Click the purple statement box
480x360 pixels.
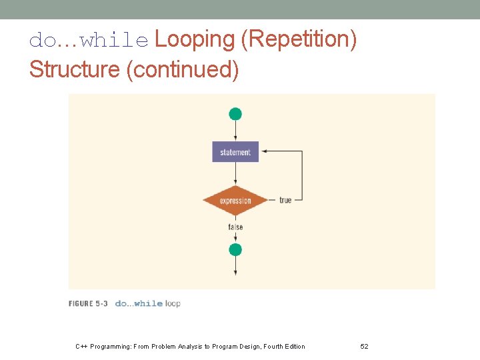point(235,152)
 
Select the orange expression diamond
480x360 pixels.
point(235,200)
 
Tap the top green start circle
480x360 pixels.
point(235,114)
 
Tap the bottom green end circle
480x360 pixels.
point(235,250)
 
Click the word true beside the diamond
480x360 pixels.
point(285,200)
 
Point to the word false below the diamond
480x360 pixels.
point(235,227)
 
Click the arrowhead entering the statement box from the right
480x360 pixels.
point(265,151)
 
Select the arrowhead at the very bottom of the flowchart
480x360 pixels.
point(235,271)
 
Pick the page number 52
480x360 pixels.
point(364,347)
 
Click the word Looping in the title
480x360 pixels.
point(195,40)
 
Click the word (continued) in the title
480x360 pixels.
point(182,69)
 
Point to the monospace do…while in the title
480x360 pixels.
point(89,41)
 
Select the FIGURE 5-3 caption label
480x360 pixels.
point(88,304)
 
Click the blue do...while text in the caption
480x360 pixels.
point(139,304)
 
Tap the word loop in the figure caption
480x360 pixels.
point(173,304)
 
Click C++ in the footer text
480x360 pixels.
point(81,347)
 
